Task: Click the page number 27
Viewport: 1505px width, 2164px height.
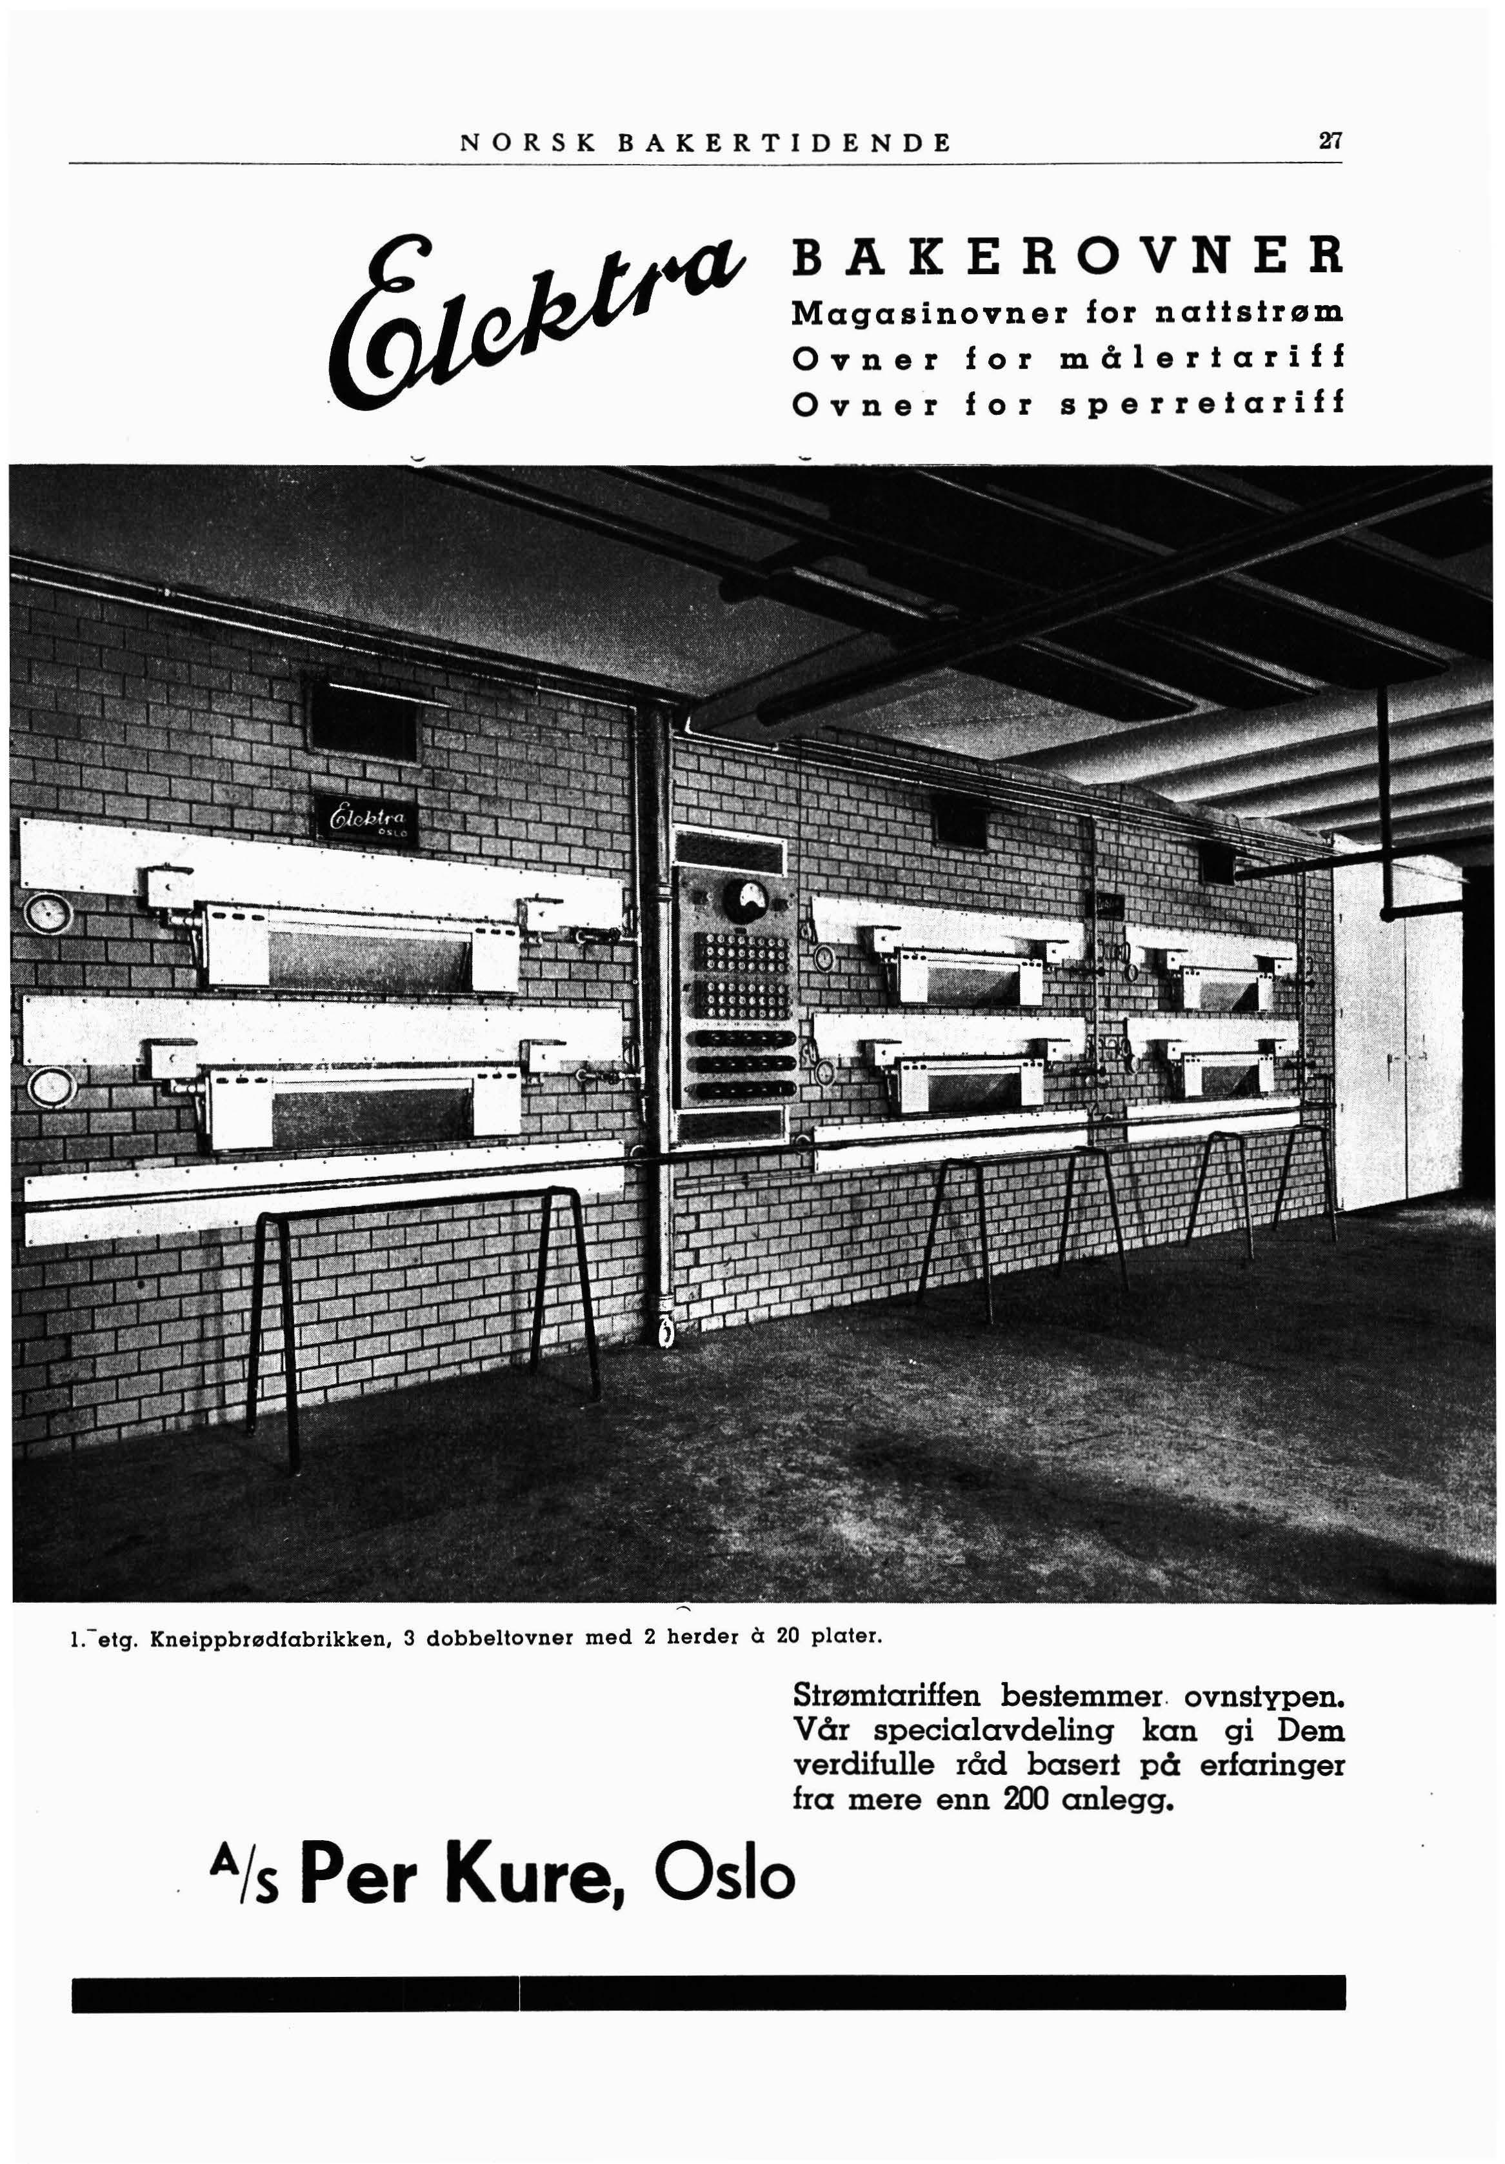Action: pyautogui.click(x=1330, y=143)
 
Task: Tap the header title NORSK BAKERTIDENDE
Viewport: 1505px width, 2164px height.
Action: pyautogui.click(x=706, y=143)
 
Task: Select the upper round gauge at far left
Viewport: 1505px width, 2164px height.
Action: pyautogui.click(x=41, y=914)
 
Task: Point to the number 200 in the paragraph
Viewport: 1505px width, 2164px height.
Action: pyautogui.click(x=1029, y=1799)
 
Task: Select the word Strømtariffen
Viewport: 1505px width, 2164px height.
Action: pyautogui.click(x=887, y=1696)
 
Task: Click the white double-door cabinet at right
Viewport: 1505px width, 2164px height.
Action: pyautogui.click(x=1396, y=1037)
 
